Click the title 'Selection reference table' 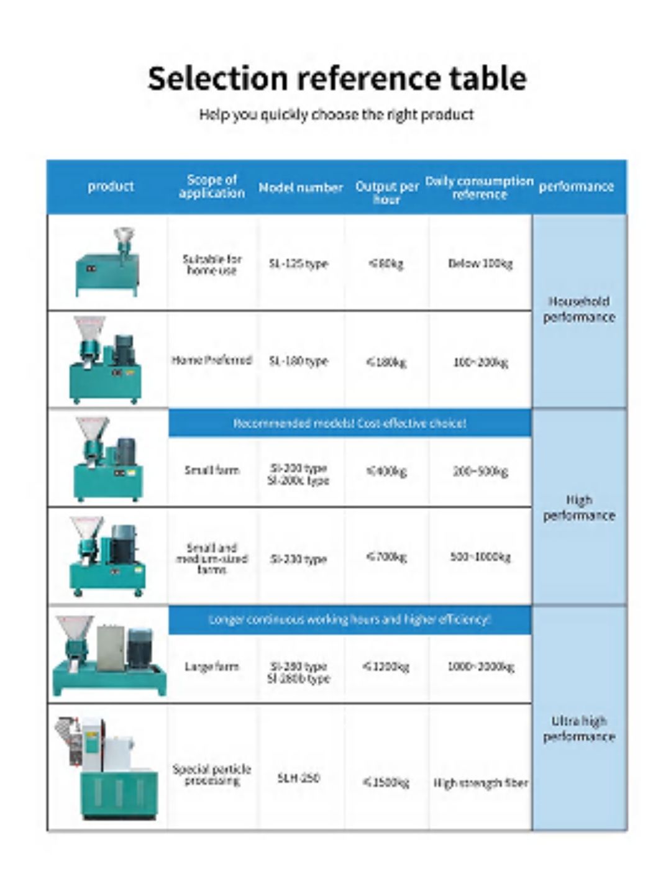point(337,79)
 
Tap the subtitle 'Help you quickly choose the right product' point(336,115)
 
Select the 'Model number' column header point(301,187)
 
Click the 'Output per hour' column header point(386,192)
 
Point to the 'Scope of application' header point(211,186)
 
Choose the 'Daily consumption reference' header point(479,188)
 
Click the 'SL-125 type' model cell point(298,263)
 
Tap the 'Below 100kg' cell point(480,263)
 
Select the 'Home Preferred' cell point(211,360)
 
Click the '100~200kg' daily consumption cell point(480,362)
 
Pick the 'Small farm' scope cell point(211,470)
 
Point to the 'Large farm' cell point(211,667)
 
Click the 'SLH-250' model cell point(298,778)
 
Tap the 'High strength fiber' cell point(480,783)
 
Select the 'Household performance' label point(578,309)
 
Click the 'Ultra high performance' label point(578,729)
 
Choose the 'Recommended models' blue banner point(350,424)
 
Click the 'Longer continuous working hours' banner point(350,619)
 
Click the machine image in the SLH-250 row point(107,768)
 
